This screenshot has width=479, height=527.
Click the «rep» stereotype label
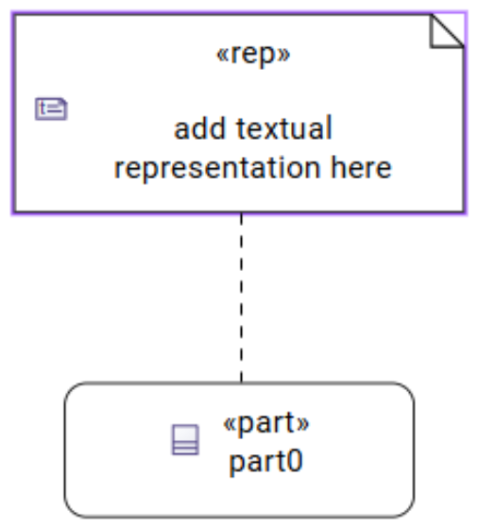pyautogui.click(x=253, y=55)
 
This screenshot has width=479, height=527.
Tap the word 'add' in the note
pyautogui.click(x=199, y=128)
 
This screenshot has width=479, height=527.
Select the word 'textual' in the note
pyautogui.click(x=284, y=127)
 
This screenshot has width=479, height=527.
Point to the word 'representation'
pyautogui.click(x=217, y=168)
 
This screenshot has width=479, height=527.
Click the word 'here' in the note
pyautogui.click(x=361, y=166)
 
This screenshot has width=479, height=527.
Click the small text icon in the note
pyautogui.click(x=51, y=109)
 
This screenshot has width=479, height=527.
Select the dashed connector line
pyautogui.click(x=241, y=297)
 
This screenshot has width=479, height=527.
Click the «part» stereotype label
pyautogui.click(x=265, y=423)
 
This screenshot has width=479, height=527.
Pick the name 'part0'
pyautogui.click(x=265, y=461)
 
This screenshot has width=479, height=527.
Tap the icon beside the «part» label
pyautogui.click(x=185, y=439)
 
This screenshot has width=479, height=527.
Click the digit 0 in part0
pyautogui.click(x=295, y=461)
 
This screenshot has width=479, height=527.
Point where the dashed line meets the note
pyautogui.click(x=241, y=213)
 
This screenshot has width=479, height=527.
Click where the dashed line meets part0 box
pyautogui.click(x=241, y=382)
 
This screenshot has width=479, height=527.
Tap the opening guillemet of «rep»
pyautogui.click(x=222, y=55)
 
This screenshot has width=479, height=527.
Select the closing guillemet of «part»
pyautogui.click(x=302, y=424)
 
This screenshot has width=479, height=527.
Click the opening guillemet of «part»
pyautogui.click(x=230, y=424)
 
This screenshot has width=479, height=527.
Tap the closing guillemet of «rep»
pyautogui.click(x=284, y=55)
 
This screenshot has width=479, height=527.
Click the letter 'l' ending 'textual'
pyautogui.click(x=330, y=127)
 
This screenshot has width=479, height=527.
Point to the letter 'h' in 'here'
pyautogui.click(x=337, y=166)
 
